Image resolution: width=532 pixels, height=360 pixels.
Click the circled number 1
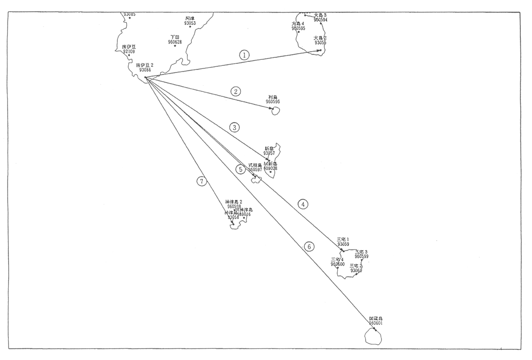pyautogui.click(x=244, y=55)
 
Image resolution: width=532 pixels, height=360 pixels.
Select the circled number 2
pyautogui.click(x=235, y=92)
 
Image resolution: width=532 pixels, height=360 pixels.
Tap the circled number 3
pyautogui.click(x=234, y=128)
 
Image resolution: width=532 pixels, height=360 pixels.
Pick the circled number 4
pyautogui.click(x=303, y=204)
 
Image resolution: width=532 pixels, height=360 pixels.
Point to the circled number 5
pyautogui.click(x=241, y=170)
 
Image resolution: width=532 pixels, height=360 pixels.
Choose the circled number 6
pyautogui.click(x=309, y=247)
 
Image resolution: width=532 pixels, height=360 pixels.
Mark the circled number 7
pyautogui.click(x=202, y=181)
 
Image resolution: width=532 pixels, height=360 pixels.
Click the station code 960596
pyautogui.click(x=273, y=102)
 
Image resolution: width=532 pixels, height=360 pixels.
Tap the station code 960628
pyautogui.click(x=175, y=42)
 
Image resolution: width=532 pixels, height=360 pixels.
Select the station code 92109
pyautogui.click(x=129, y=51)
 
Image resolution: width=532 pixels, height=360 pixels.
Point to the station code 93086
pyautogui.click(x=145, y=70)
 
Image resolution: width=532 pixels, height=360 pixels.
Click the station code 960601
pyautogui.click(x=375, y=323)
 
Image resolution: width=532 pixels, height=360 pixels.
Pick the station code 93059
pyautogui.click(x=343, y=244)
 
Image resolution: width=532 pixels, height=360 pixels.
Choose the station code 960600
pyautogui.click(x=338, y=264)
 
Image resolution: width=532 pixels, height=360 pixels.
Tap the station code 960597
pyautogui.click(x=255, y=170)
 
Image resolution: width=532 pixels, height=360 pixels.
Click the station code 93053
pyautogui.click(x=190, y=23)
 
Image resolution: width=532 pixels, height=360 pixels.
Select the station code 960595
pyautogui.click(x=298, y=28)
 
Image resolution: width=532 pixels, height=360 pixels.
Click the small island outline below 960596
pyautogui.click(x=275, y=111)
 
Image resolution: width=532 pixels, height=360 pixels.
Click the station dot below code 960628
pyautogui.click(x=175, y=46)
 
